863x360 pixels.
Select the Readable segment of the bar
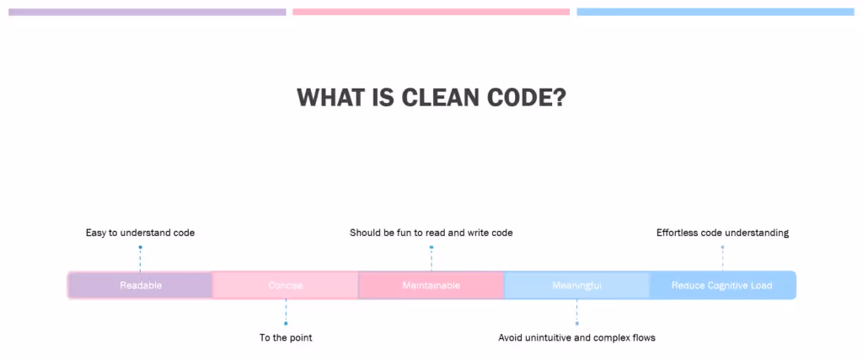[141, 285]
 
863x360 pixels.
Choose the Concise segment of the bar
[286, 285]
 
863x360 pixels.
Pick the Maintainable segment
[431, 285]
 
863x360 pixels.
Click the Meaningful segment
[577, 285]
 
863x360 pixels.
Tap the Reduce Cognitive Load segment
[722, 285]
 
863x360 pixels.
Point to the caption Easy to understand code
[141, 233]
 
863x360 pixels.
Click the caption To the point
[286, 338]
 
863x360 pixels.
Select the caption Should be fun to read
[431, 233]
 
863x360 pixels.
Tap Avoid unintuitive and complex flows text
[577, 338]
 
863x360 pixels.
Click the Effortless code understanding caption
[722, 233]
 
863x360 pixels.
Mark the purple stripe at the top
[147, 12]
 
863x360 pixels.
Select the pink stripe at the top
[431, 12]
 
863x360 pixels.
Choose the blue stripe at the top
[716, 12]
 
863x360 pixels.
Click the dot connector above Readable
[141, 247]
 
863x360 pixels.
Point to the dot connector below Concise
[286, 323]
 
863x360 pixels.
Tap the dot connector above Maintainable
[431, 247]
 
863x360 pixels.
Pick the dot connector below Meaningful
[577, 323]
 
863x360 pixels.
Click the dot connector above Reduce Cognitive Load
[722, 247]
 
